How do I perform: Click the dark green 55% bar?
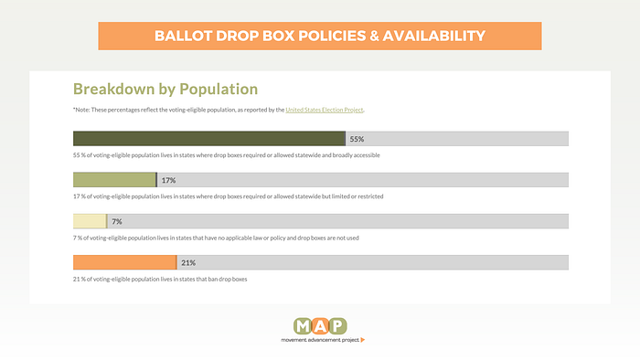pyautogui.click(x=209, y=139)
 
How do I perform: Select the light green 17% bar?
pyautogui.click(x=114, y=180)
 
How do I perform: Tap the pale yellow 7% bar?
pyautogui.click(x=90, y=221)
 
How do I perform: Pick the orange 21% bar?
pyautogui.click(x=125, y=262)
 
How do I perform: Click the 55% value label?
pyautogui.click(x=357, y=139)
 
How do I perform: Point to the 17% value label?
pyautogui.click(x=168, y=180)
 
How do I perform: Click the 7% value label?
pyautogui.click(x=117, y=221)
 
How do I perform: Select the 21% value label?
pyautogui.click(x=188, y=263)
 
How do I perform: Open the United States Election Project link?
pyautogui.click(x=324, y=110)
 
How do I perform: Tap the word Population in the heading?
pyautogui.click(x=219, y=90)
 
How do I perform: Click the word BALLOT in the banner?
pyautogui.click(x=183, y=36)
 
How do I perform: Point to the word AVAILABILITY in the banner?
pyautogui.click(x=434, y=36)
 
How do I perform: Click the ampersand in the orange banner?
pyautogui.click(x=374, y=36)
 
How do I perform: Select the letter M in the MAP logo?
pyautogui.click(x=303, y=326)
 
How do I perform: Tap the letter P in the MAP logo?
pyautogui.click(x=338, y=326)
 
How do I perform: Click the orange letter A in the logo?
pyautogui.click(x=320, y=326)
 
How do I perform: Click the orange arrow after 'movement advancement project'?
pyautogui.click(x=363, y=340)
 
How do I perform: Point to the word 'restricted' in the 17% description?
pyautogui.click(x=370, y=196)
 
